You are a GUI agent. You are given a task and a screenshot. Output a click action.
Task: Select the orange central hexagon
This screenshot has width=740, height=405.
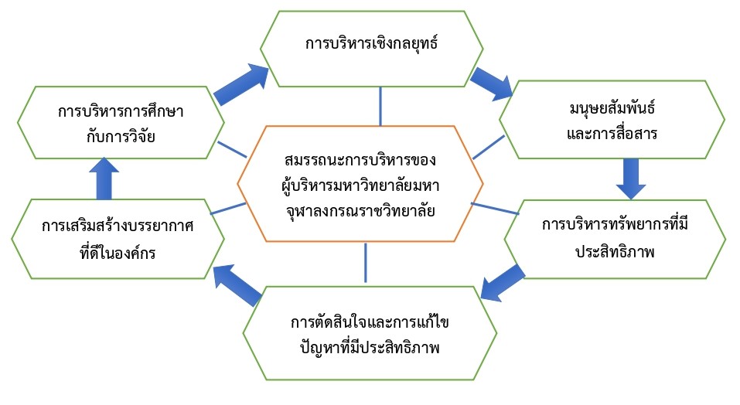(x=360, y=185)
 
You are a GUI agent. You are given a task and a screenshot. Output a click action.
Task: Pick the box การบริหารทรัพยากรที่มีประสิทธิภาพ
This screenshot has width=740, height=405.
(x=615, y=239)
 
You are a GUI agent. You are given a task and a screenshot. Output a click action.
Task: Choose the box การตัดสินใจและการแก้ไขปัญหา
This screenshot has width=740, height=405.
(x=370, y=333)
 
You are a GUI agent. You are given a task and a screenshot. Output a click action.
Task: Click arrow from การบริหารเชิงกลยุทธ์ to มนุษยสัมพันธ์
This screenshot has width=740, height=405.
(x=493, y=83)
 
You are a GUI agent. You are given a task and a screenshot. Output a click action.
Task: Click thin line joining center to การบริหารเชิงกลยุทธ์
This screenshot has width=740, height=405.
(x=381, y=106)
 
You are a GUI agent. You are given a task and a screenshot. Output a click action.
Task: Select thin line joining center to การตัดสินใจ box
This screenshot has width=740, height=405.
(x=365, y=263)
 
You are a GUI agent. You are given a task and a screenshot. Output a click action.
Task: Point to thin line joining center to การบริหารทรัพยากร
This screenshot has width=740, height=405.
(x=495, y=209)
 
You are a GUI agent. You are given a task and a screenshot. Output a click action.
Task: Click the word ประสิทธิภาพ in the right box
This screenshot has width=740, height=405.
(x=615, y=252)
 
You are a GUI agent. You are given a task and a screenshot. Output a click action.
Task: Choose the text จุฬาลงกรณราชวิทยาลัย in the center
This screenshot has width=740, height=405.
(x=360, y=209)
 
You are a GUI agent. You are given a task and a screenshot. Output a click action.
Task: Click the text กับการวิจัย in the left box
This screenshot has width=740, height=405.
(x=121, y=137)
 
